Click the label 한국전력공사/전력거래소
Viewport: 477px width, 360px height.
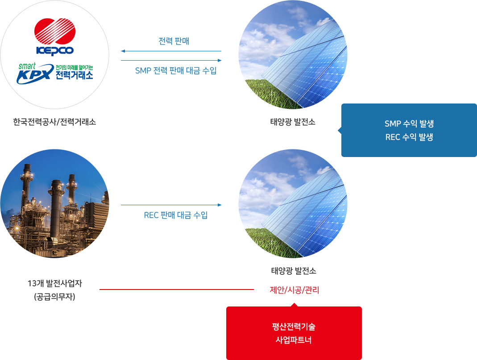pos(54,122)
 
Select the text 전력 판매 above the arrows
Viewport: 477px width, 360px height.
pos(174,41)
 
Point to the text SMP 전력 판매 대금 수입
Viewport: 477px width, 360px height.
pos(176,70)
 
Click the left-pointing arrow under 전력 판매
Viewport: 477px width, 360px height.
pos(171,51)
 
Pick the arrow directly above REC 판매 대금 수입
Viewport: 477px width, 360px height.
pos(171,205)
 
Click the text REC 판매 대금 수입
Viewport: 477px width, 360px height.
pos(176,215)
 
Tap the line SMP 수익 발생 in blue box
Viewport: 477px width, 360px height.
pos(409,124)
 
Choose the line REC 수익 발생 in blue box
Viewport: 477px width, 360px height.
pos(409,137)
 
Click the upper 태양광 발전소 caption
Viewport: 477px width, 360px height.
pos(293,122)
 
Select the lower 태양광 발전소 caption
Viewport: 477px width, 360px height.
pos(294,271)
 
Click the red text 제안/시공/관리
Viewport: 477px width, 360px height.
pos(294,290)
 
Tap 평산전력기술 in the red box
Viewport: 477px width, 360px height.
pos(294,327)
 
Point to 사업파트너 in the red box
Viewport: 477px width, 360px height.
pos(294,340)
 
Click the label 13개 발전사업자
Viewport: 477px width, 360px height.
pos(55,283)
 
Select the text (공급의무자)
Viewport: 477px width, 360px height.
pos(55,297)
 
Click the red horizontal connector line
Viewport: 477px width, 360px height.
pos(176,290)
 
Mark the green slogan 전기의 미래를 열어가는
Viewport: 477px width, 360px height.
pos(74,67)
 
